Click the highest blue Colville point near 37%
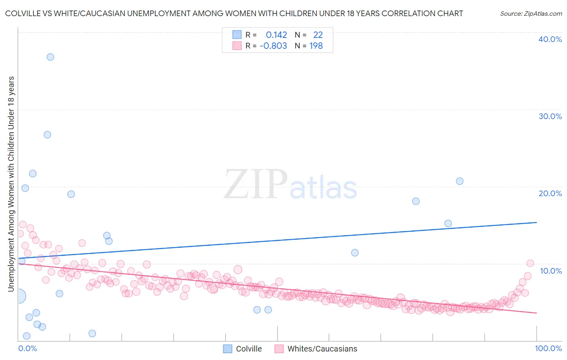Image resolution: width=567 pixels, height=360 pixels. [x=50, y=57]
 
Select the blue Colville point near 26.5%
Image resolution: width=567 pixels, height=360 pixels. [x=47, y=135]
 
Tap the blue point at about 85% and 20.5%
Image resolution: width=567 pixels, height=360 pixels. [x=460, y=181]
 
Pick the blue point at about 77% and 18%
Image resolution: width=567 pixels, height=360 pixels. [x=416, y=201]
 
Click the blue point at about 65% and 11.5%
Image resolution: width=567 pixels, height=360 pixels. [x=355, y=253]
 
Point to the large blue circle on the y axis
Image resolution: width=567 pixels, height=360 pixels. [x=19, y=296]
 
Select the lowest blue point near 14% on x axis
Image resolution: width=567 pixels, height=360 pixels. [x=92, y=333]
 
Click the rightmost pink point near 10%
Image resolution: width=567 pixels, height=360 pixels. [x=530, y=263]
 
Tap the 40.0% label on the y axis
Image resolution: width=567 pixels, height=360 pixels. [x=550, y=39]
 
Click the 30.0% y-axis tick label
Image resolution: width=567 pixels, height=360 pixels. [x=550, y=116]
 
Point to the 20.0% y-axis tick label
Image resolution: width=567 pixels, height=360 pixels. [x=550, y=193]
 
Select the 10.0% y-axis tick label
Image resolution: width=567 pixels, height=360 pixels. [x=550, y=271]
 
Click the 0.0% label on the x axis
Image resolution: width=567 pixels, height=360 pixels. [x=27, y=348]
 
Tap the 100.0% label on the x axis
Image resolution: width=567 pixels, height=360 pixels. [x=548, y=348]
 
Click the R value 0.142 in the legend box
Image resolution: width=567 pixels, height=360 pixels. [x=276, y=35]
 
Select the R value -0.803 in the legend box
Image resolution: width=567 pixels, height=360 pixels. [x=273, y=46]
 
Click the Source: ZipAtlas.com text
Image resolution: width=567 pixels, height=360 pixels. [x=531, y=14]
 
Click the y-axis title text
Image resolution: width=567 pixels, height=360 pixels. [x=11, y=184]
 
